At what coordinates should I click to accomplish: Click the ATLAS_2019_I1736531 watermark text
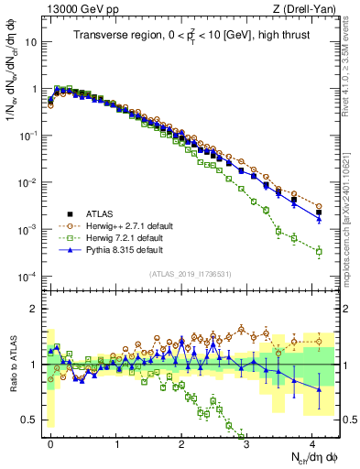tap(190, 274)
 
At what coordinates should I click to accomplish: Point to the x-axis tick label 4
tap(314, 442)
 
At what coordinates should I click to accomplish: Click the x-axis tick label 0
tap(51, 442)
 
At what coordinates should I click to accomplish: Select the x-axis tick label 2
tap(183, 442)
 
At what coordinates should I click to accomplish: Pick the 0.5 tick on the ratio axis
tap(29, 420)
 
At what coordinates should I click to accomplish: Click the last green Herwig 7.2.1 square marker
tap(319, 251)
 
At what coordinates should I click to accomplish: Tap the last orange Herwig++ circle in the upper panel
tap(319, 206)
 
